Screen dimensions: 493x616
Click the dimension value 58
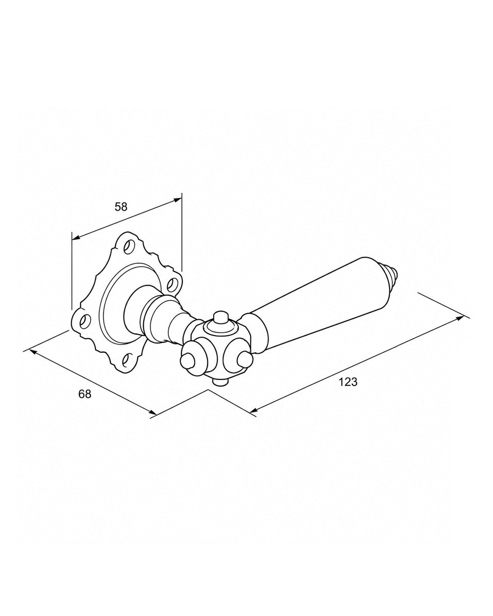coord(121,207)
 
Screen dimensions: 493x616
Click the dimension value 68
coord(85,394)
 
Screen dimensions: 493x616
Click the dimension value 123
coord(348,382)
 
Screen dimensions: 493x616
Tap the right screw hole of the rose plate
coord(172,284)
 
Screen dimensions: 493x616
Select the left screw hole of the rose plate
coord(85,322)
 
